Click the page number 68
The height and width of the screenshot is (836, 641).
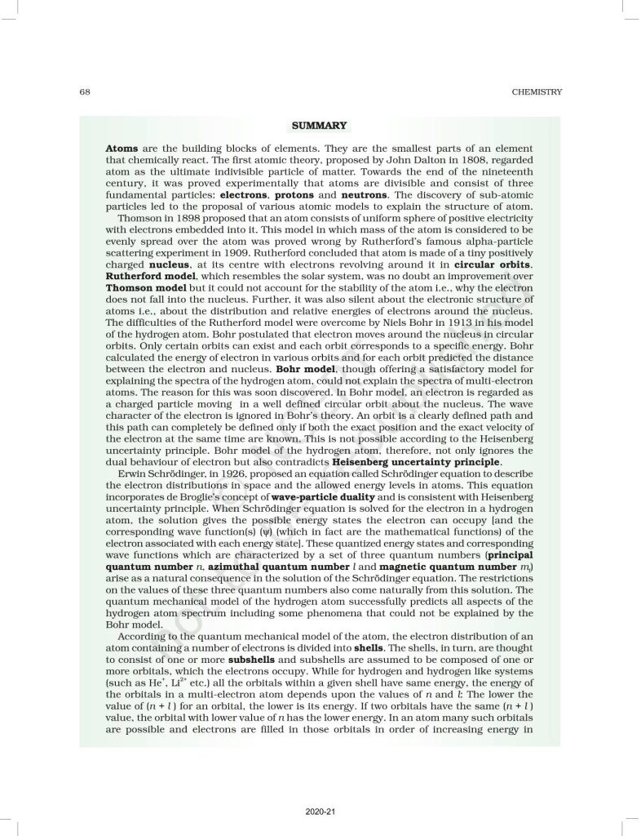point(84,91)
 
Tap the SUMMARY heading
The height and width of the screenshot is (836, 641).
point(320,126)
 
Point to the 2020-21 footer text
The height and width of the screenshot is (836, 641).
point(319,813)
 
